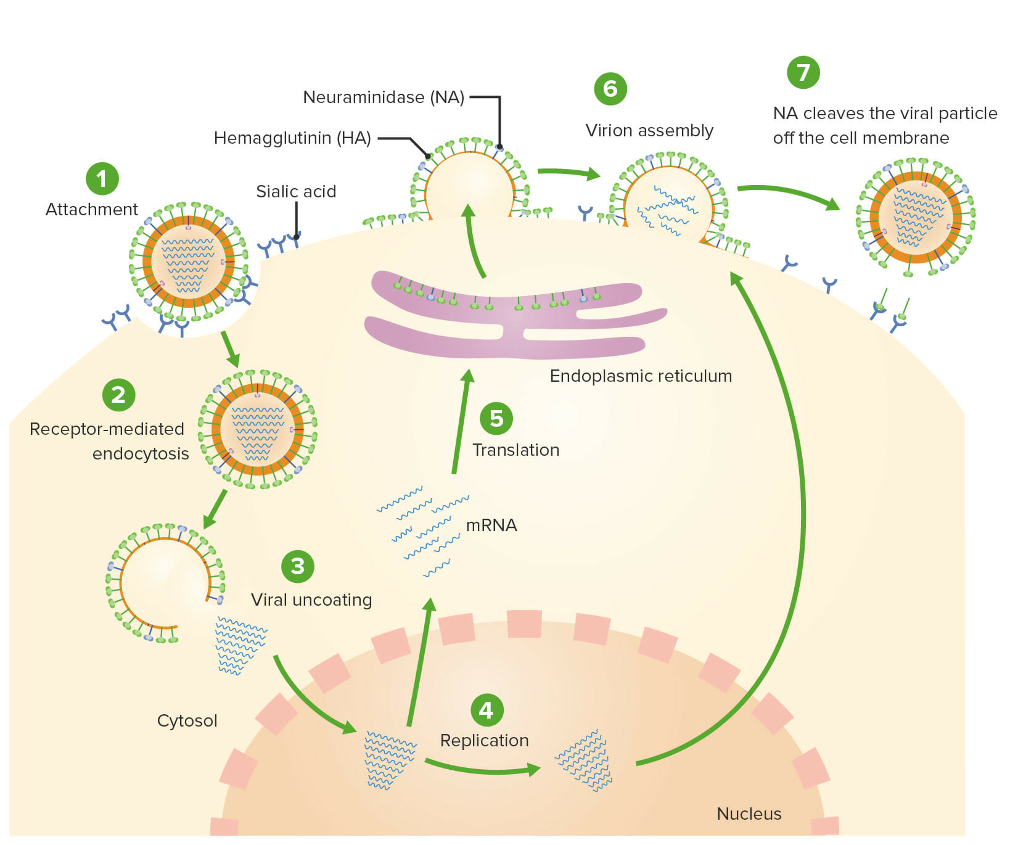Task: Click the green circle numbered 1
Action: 102,179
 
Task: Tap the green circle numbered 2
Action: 118,395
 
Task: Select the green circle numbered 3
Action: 298,566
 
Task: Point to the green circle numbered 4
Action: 487,710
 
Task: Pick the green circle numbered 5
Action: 496,418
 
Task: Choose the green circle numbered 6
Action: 610,89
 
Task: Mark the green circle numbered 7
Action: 803,72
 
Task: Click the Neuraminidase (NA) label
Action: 384,97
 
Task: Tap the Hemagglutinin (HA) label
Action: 292,138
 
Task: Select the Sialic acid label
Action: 296,192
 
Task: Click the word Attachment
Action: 92,210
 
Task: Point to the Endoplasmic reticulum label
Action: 641,376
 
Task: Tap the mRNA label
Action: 491,526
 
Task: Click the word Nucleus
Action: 749,814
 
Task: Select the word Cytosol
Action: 187,721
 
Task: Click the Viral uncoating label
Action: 311,600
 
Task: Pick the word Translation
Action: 516,450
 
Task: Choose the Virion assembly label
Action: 649,131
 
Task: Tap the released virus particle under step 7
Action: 916,216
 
